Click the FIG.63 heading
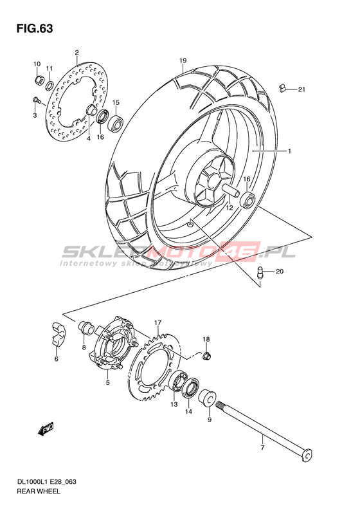[34, 28]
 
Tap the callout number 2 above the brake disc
[77, 52]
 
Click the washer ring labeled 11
[50, 86]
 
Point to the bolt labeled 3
[35, 100]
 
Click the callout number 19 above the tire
[183, 60]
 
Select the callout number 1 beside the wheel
[289, 151]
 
